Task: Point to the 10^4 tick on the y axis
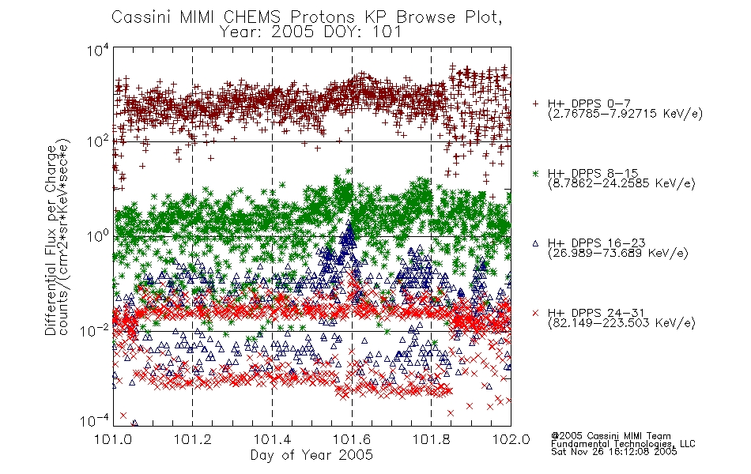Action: coord(99,50)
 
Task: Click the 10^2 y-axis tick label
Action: coord(99,141)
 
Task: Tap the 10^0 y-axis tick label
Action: coord(99,235)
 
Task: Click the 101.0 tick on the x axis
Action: coord(113,439)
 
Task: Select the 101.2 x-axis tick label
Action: coord(193,439)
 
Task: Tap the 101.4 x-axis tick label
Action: coord(272,439)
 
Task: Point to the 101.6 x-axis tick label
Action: coord(352,439)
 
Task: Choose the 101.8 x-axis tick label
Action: coord(431,439)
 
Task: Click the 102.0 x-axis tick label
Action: coord(511,439)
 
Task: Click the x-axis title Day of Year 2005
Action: coord(311,455)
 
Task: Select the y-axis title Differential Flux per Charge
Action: coord(51,240)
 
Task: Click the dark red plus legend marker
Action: coord(535,103)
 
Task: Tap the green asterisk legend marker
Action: coord(535,173)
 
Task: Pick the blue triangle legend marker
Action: coord(535,243)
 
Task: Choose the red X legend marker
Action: coord(535,313)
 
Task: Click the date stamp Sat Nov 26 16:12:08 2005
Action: coord(614,452)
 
